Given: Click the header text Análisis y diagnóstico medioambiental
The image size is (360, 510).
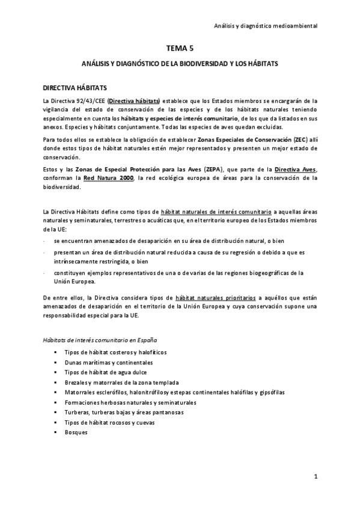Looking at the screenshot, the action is [x=266, y=26].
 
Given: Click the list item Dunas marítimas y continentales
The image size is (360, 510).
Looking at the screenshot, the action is [x=109, y=363].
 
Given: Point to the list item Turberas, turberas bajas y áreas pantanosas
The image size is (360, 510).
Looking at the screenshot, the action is [x=124, y=413].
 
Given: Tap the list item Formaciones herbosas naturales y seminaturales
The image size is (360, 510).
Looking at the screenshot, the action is [x=130, y=402].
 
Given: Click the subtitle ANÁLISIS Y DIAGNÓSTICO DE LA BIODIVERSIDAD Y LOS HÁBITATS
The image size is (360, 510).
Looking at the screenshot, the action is [x=180, y=63].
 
